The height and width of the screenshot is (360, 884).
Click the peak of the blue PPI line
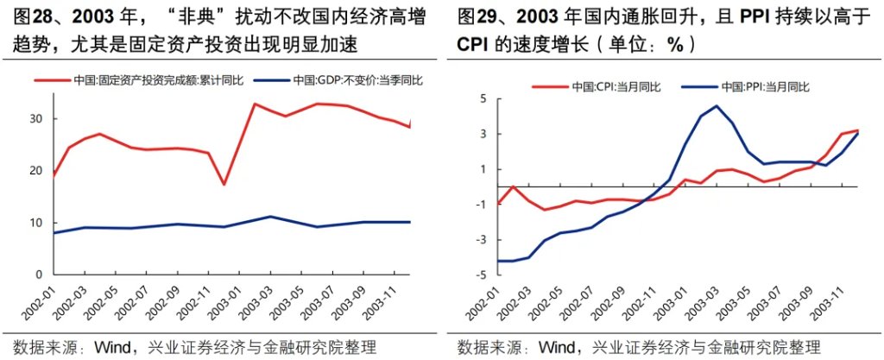click(717, 106)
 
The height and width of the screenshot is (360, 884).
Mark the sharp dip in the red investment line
click(224, 185)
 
